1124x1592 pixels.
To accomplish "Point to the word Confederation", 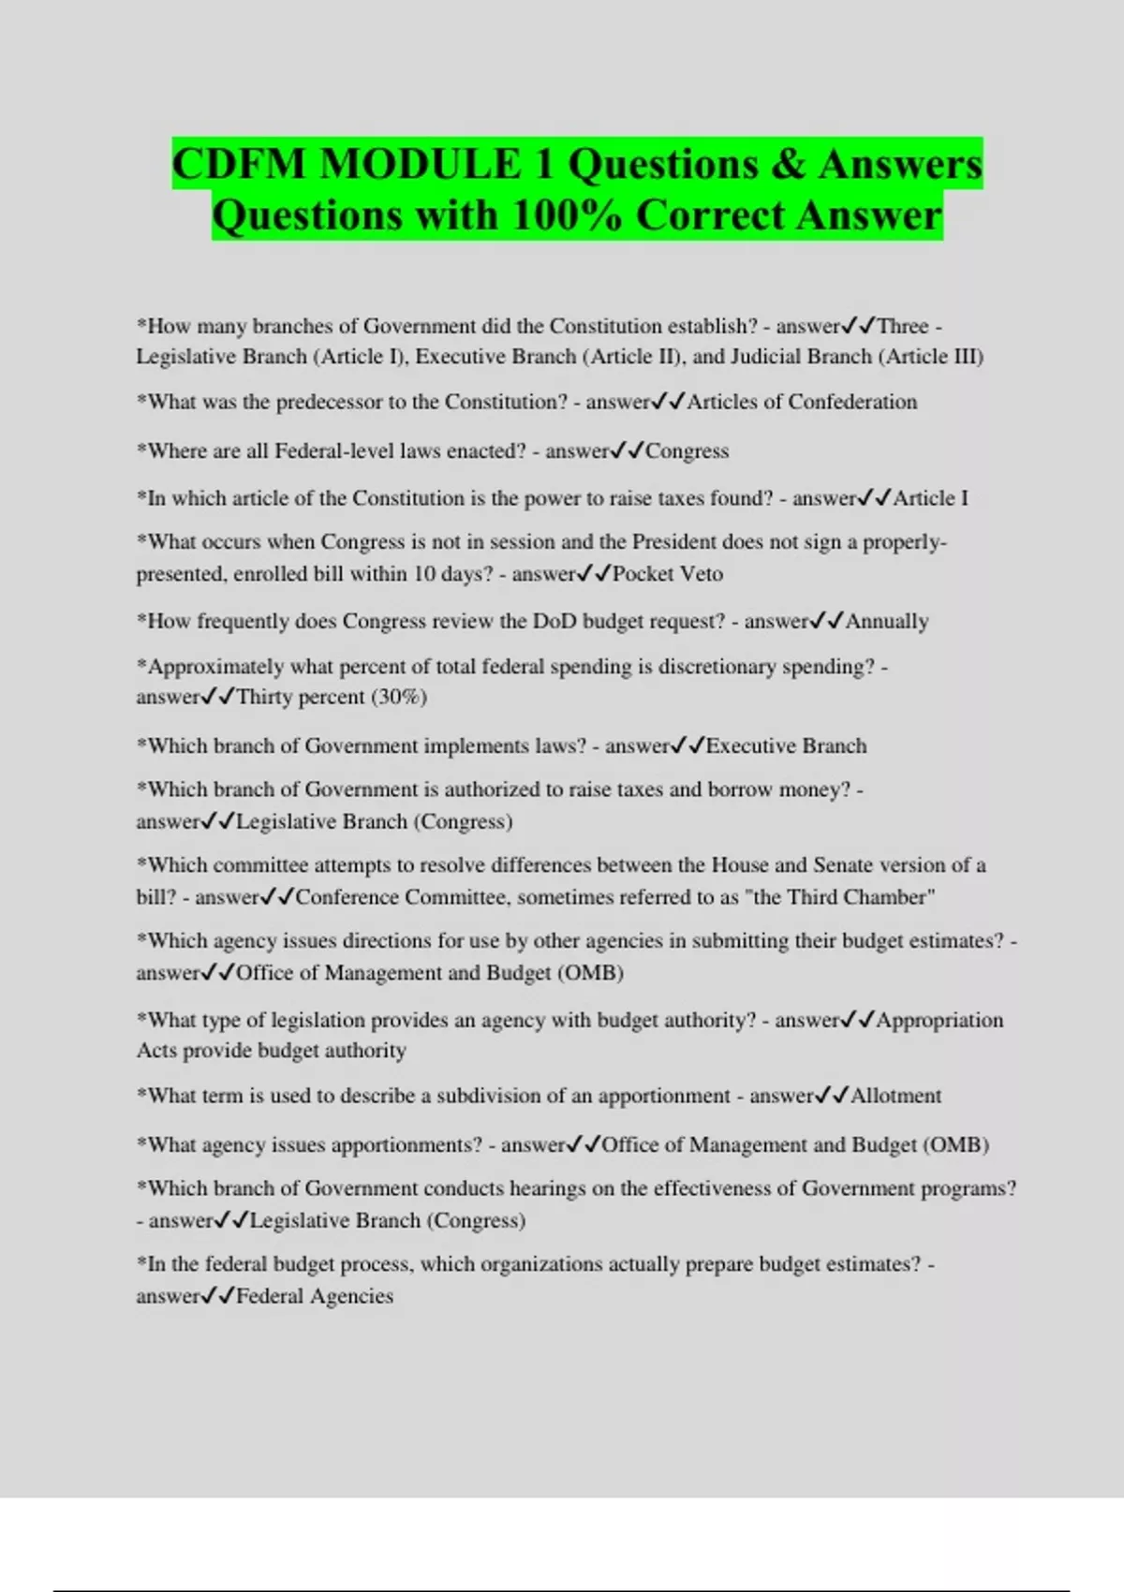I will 852,402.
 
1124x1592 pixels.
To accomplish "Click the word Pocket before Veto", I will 643,574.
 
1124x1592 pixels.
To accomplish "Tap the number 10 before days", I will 424,574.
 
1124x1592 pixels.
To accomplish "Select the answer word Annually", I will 887,622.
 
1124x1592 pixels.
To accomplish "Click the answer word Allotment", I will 895,1096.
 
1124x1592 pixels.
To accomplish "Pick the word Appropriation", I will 939,1020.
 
